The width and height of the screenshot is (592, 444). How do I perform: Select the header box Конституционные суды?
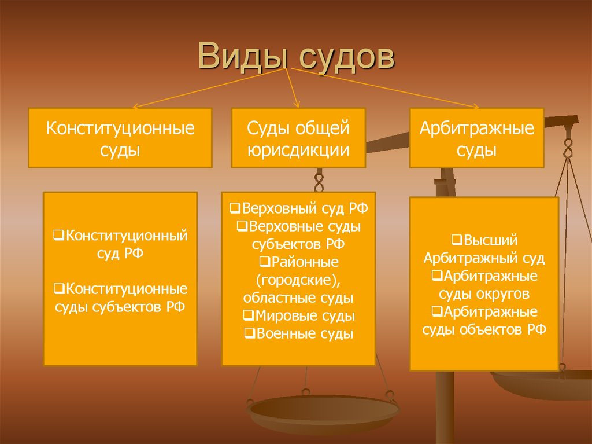pyautogui.click(x=120, y=138)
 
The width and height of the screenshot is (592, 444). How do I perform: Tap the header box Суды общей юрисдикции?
pyautogui.click(x=298, y=138)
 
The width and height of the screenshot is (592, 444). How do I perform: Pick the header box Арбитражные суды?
pyautogui.click(x=476, y=138)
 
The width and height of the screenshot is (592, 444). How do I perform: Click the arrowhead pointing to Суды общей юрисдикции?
pyautogui.click(x=297, y=104)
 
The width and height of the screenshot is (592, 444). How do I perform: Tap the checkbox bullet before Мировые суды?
pyautogui.click(x=248, y=315)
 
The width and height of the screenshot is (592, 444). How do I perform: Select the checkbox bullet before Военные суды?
pyautogui.click(x=249, y=333)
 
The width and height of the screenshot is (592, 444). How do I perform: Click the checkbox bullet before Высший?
pyautogui.click(x=457, y=240)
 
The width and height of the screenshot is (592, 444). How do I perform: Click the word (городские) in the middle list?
pyautogui.click(x=298, y=280)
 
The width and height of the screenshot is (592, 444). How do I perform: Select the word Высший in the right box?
pyautogui.click(x=490, y=241)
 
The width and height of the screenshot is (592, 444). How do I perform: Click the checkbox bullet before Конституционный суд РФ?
pyautogui.click(x=58, y=235)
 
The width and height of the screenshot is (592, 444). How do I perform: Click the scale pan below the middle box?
pyautogui.click(x=323, y=412)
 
